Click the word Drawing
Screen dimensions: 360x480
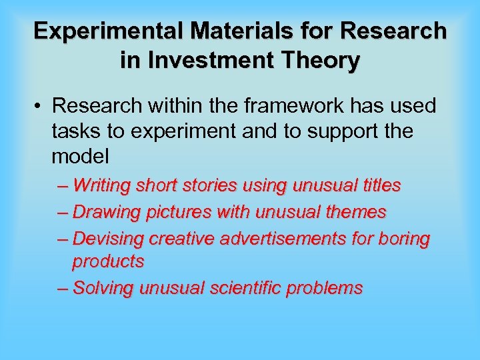104,212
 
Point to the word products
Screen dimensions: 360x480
108,262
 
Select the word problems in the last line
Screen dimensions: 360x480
330,288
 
